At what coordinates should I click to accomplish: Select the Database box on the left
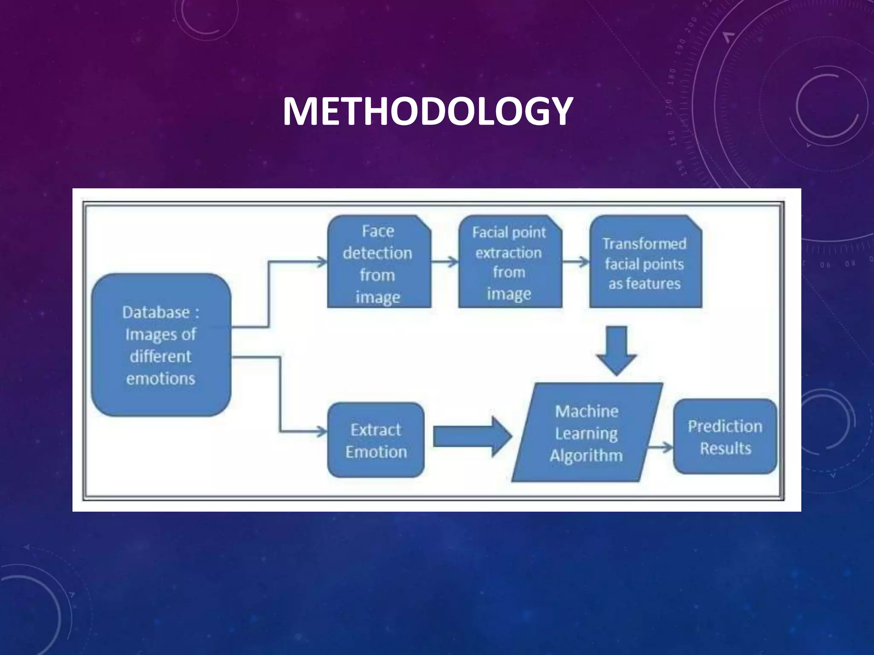[x=161, y=345]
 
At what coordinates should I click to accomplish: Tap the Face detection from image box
[x=379, y=262]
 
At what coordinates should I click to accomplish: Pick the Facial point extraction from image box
[x=510, y=262]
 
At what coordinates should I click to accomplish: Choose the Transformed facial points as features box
[x=645, y=262]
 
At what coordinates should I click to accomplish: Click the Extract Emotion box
[x=376, y=440]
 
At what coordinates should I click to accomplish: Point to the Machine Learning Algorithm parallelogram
[x=587, y=432]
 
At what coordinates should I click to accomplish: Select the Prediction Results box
[x=725, y=437]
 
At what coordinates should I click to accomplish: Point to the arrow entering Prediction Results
[x=660, y=447]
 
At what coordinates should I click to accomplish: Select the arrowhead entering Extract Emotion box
[x=321, y=432]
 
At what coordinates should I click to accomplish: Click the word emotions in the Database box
[x=161, y=379]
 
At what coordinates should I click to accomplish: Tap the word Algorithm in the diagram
[x=586, y=455]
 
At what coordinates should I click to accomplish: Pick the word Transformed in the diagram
[x=644, y=243]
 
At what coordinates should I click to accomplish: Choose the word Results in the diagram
[x=725, y=449]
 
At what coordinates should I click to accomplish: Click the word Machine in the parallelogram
[x=587, y=411]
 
